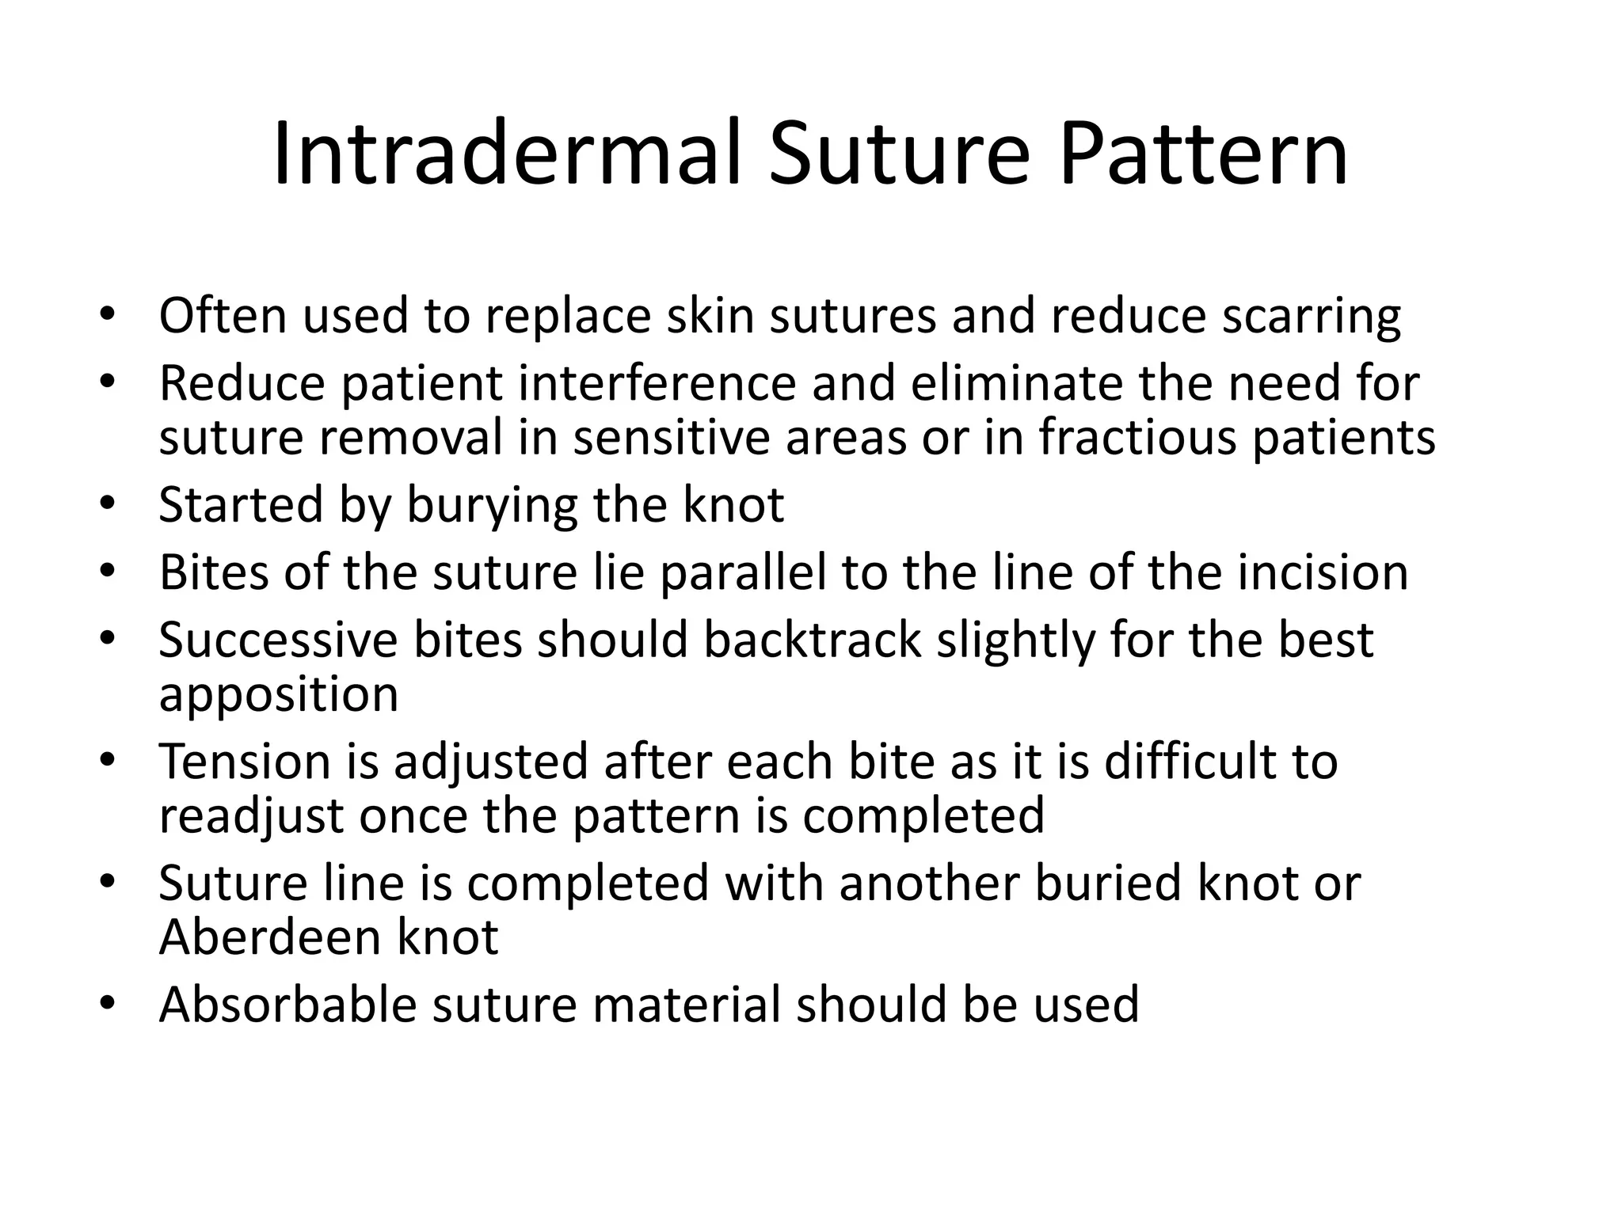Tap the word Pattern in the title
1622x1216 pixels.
coord(1203,154)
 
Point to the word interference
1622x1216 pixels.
coord(657,384)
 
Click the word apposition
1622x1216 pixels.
coord(279,695)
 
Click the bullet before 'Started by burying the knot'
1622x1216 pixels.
coord(108,503)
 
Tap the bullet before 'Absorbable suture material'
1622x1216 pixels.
coord(108,1003)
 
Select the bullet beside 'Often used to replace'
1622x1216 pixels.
coord(108,313)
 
